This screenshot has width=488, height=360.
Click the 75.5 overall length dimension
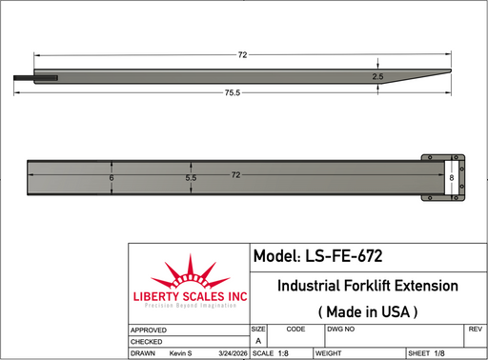[233, 92]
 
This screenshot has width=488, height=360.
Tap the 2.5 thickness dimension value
[377, 76]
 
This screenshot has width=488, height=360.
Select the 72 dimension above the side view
[242, 55]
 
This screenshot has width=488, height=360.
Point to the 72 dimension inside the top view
[235, 175]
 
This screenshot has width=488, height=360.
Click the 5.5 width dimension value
[191, 178]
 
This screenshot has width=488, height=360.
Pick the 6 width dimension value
[112, 178]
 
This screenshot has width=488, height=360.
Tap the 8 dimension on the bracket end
[452, 178]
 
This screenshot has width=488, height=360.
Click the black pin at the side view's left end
[35, 78]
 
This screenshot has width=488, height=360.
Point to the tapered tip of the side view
[451, 71]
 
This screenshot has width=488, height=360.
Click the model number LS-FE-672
[344, 256]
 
